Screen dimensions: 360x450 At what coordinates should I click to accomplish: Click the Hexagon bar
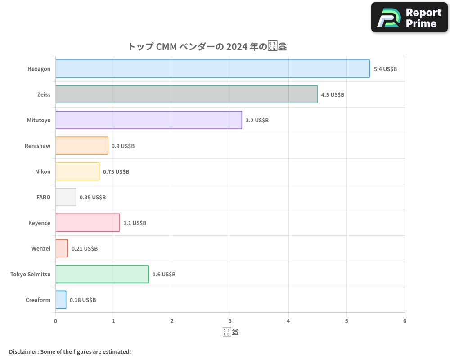212,69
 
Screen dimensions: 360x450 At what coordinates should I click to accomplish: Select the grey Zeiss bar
186,94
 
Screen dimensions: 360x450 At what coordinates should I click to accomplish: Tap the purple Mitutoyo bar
148,120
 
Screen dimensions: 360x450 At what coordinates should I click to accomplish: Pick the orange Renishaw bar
81,146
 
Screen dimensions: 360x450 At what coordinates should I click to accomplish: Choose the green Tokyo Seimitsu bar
102,274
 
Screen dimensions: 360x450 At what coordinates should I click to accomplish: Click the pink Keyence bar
87,223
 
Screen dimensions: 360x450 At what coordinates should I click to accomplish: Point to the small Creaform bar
61,300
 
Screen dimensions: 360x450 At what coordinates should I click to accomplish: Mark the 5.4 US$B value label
385,69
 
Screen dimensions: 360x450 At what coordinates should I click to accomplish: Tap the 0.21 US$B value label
85,249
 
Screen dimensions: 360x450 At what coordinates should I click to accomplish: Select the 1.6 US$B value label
164,274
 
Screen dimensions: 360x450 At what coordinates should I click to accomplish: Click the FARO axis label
43,197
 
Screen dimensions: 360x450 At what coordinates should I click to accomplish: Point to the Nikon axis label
43,171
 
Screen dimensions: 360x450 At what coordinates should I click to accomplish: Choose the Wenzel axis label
41,248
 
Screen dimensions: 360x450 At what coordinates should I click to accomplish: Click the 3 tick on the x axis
230,321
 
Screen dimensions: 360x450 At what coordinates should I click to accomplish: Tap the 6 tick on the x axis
405,321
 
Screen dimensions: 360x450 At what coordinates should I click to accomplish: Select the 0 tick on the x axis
55,321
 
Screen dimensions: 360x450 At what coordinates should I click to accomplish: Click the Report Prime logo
409,18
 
